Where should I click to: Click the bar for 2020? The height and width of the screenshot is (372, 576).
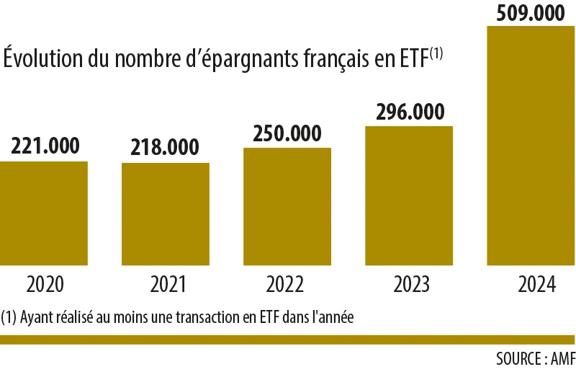click(x=44, y=213)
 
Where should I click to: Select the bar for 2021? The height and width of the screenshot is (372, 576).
click(x=166, y=214)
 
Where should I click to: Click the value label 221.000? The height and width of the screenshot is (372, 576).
click(x=44, y=146)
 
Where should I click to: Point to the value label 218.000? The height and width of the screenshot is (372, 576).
click(x=165, y=147)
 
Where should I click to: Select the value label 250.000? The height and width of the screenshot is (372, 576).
click(x=287, y=133)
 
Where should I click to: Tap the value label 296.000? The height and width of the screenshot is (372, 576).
click(x=409, y=112)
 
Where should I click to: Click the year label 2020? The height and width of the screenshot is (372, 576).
click(x=45, y=284)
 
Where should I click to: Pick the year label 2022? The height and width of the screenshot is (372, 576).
click(x=287, y=284)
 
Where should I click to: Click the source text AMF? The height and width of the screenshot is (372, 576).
click(x=562, y=358)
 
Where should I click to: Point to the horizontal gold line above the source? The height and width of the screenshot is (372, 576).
click(x=288, y=340)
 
